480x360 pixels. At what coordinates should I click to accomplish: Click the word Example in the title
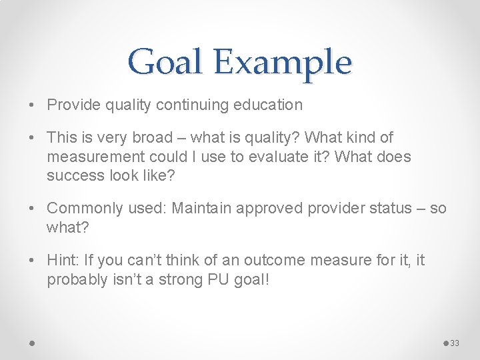pyautogui.click(x=282, y=63)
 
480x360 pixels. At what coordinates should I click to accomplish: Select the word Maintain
pyautogui.click(x=199, y=209)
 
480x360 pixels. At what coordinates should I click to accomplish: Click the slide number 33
pyautogui.click(x=455, y=343)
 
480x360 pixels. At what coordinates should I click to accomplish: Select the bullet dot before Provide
pyautogui.click(x=33, y=105)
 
